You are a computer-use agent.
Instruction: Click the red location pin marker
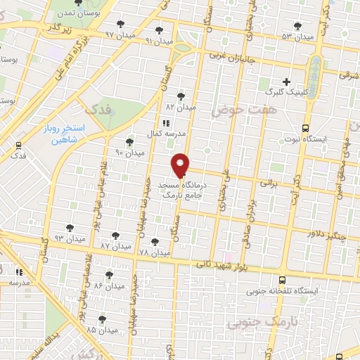pos(181,165)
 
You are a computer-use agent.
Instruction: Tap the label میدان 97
pos(119,34)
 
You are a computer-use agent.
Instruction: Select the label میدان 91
pos(158,41)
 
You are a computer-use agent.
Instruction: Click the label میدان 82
pos(180,108)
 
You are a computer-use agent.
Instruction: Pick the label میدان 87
pos(115,246)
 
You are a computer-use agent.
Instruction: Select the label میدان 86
pos(108,286)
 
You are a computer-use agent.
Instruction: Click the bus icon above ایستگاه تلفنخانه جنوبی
pos(283,278)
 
